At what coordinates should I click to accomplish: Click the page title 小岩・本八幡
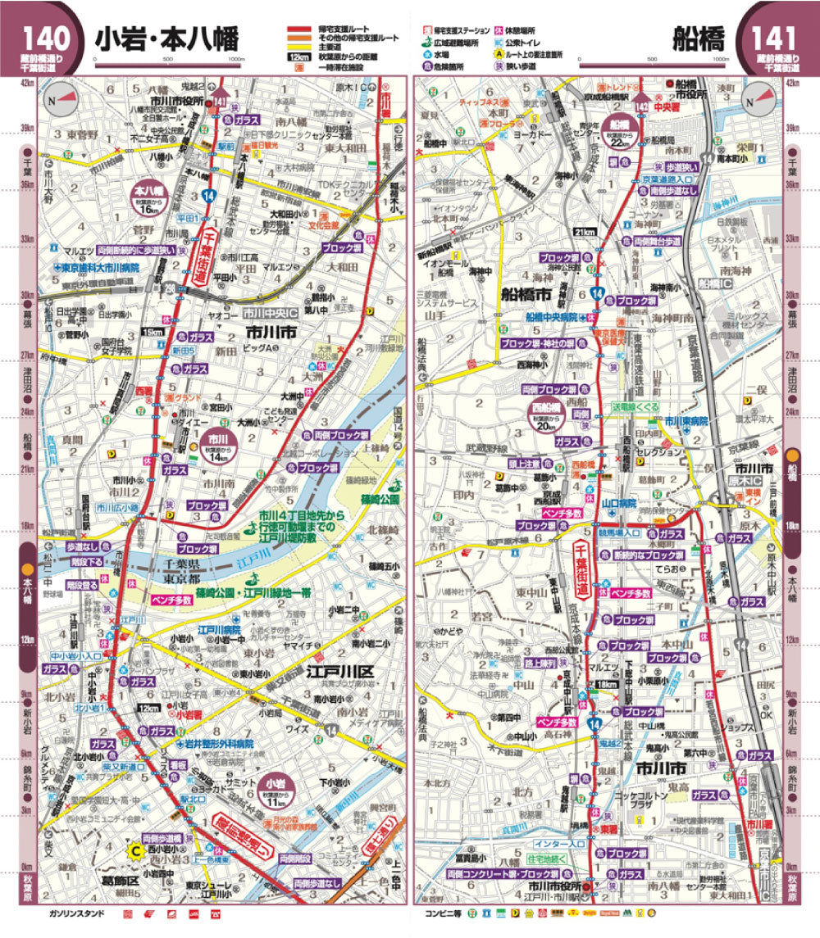point(166,39)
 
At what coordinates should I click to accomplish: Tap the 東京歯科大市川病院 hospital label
point(96,268)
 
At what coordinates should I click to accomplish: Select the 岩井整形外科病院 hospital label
point(215,744)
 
